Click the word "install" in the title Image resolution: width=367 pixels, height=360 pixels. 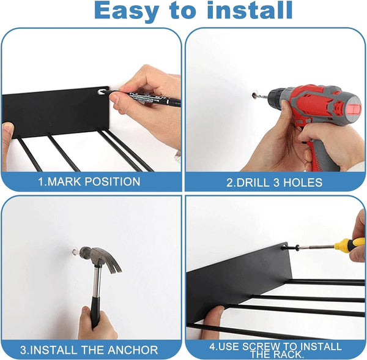(x=250, y=10)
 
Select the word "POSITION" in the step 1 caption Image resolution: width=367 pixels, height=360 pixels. (x=112, y=182)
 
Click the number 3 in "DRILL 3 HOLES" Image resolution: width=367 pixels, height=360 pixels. (x=276, y=182)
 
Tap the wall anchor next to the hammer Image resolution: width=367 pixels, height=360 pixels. (x=75, y=252)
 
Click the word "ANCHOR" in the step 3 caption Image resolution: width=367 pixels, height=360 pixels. (x=133, y=350)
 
